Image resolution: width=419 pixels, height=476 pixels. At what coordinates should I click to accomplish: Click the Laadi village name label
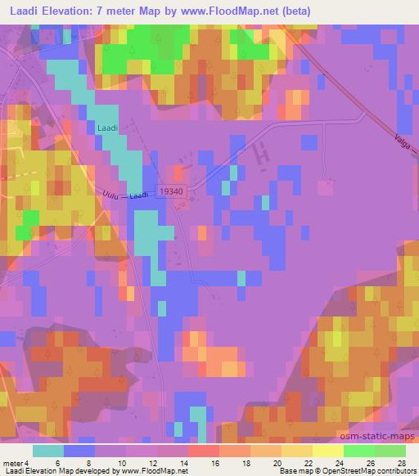point(107,128)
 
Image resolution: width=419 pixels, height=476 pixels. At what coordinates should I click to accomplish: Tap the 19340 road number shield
point(170,189)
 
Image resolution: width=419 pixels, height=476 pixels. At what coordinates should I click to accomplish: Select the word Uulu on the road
point(112,195)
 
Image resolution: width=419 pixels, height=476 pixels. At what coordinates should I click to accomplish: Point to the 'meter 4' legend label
point(17,461)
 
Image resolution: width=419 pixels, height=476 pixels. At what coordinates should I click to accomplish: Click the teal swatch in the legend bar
point(48,451)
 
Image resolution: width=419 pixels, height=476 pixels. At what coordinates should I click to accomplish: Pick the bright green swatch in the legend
point(358,451)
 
